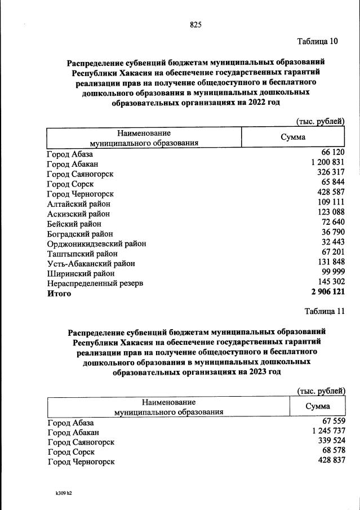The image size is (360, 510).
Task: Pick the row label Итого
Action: [x=59, y=294]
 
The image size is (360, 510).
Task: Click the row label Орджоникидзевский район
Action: [x=96, y=243]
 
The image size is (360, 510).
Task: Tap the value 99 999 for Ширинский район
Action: [x=331, y=272]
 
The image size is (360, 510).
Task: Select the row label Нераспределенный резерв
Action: [x=95, y=283]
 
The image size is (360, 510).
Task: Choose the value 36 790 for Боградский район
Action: [x=331, y=232]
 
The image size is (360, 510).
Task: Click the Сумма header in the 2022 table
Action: [x=293, y=138]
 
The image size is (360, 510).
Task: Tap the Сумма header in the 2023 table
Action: [x=318, y=407]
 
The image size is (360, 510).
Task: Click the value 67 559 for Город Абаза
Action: [x=331, y=422]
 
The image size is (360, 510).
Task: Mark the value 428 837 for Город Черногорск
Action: [x=328, y=461]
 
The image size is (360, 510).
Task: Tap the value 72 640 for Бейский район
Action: [x=331, y=223]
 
